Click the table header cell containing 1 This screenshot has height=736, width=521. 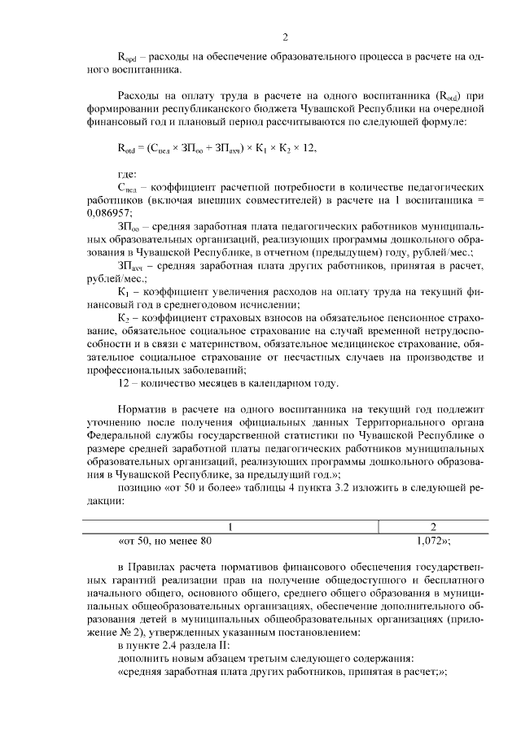pos(230,526)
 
